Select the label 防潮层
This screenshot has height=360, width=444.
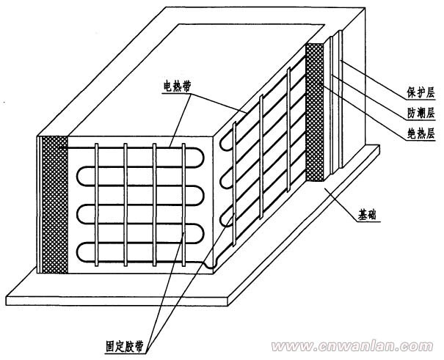point(422,114)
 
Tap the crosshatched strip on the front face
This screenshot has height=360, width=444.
point(54,205)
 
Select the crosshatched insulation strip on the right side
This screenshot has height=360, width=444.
point(315,110)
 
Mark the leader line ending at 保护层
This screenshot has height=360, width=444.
point(374,81)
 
